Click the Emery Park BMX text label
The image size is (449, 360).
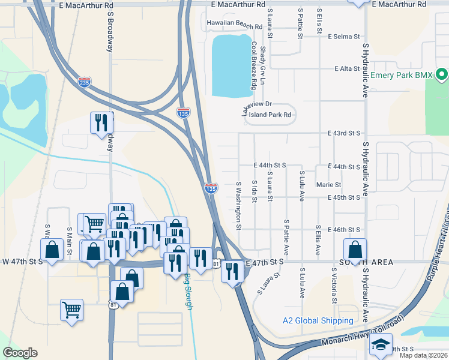coord(402,76)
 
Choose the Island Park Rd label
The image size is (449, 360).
coord(270,115)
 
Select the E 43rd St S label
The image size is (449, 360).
coord(343,133)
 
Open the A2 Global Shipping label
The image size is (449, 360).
coord(318,320)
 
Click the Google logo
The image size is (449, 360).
coord(20,353)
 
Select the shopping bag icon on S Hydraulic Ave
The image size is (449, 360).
coord(355,249)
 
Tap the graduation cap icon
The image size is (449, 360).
coord(381,345)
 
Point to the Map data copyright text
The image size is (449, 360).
coord(423,355)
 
